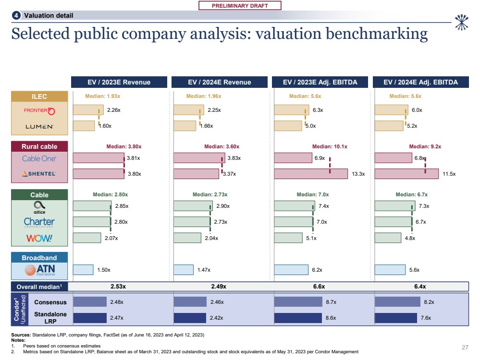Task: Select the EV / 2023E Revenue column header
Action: [119, 82]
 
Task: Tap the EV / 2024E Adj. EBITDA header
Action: [421, 82]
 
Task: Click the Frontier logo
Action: [39, 111]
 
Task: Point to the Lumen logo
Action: [39, 126]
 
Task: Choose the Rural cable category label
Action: [39, 146]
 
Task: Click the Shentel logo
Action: [39, 174]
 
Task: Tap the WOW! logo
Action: [39, 238]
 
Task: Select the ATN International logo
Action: [39, 270]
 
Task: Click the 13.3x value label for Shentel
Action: [358, 174]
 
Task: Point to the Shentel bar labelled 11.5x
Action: [406, 174]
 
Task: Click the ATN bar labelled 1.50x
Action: [83, 270]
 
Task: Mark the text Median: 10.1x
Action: [330, 146]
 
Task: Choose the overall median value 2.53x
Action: [118, 287]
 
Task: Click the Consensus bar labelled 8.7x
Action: [298, 302]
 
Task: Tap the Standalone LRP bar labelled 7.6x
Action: [395, 318]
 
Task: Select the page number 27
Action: [465, 347]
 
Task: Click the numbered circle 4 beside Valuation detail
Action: [17, 15]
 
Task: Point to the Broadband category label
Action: [39, 258]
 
